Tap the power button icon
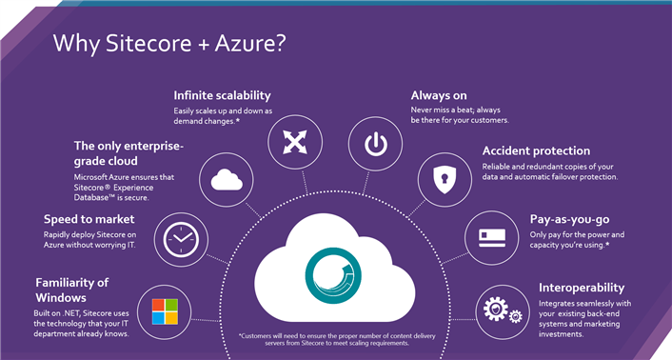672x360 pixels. pos(375,144)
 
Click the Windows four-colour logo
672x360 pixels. pos(158,310)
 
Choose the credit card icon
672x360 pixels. pos(490,235)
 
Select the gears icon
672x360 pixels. pos(500,310)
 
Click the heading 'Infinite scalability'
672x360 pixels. pos(222,95)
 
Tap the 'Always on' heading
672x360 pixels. pos(438,95)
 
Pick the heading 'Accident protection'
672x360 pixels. pos(536,150)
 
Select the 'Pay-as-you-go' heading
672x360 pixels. pos(569,219)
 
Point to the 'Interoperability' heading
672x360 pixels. pos(582,287)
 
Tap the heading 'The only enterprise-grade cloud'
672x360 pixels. pos(128,153)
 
